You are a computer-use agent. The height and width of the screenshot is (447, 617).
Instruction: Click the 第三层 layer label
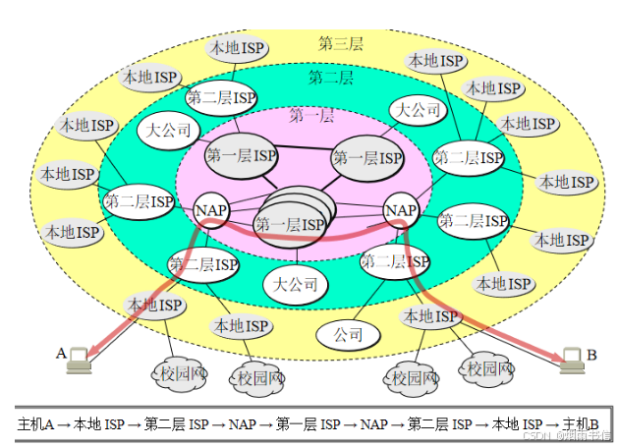coord(341,43)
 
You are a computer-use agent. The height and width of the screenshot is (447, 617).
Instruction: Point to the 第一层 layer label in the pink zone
coord(310,116)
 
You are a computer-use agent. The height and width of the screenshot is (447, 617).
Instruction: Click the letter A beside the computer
coord(61,353)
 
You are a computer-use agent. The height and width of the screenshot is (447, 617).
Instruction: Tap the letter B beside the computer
coord(591,355)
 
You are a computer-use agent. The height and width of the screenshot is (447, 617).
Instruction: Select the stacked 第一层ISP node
coord(291,223)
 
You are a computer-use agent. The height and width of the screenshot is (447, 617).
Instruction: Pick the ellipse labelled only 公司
coord(348,334)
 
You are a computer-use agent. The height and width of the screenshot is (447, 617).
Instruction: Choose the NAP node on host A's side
coord(211,210)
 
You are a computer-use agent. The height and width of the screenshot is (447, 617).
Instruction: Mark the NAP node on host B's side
coord(401,210)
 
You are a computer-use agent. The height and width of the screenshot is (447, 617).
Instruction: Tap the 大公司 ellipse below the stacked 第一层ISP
coord(296,285)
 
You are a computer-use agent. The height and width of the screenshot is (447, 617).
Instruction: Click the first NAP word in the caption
coord(242,424)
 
